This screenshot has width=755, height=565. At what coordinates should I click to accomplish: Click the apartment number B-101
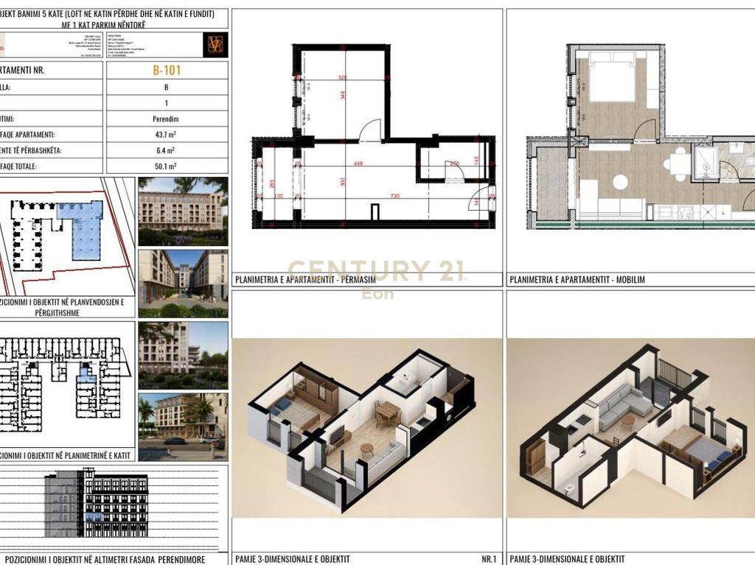pos(167,71)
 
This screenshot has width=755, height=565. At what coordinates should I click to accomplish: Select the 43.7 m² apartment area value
pos(167,135)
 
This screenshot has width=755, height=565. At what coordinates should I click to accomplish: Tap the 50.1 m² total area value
pos(167,166)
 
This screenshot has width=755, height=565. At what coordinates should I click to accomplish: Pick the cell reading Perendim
pos(167,119)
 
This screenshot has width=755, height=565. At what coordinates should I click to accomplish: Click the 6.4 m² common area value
pos(167,150)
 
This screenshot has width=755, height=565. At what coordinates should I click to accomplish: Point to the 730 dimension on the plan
pos(395,196)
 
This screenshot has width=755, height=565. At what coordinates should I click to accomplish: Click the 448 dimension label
pos(358,164)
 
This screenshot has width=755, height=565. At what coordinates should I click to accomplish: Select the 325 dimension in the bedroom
pos(342,77)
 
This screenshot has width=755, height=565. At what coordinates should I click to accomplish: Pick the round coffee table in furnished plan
pos(621,181)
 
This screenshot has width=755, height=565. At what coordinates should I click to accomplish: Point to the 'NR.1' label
pos(488,559)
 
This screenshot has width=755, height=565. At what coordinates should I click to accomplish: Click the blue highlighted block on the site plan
pos(83,229)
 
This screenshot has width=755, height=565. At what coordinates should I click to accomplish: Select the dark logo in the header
pos(215,45)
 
